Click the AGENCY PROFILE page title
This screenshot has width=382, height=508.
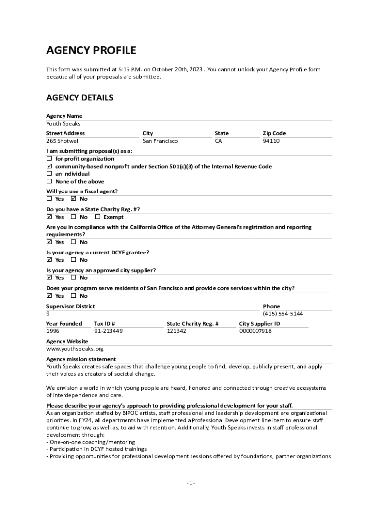pyautogui.click(x=91, y=50)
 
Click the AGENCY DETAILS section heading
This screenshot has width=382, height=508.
pyautogui.click(x=79, y=98)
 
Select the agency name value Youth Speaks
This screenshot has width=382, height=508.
pyautogui.click(x=63, y=124)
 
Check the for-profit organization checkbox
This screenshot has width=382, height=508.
pyautogui.click(x=49, y=159)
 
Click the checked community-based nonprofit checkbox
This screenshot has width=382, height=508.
pyautogui.click(x=49, y=167)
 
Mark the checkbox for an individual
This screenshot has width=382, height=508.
pyautogui.click(x=49, y=174)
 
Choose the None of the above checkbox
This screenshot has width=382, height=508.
pyautogui.click(x=49, y=182)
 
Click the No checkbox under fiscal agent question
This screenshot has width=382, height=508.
pyautogui.click(x=74, y=199)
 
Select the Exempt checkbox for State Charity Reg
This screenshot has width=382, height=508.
pyautogui.click(x=98, y=217)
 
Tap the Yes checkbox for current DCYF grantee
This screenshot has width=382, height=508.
pyautogui.click(x=49, y=260)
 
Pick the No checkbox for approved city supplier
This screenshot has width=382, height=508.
pyautogui.click(x=74, y=278)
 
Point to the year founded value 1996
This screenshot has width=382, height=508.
pyautogui.click(x=53, y=331)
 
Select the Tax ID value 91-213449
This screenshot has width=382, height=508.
pyautogui.click(x=108, y=331)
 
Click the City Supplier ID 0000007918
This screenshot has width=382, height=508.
pyautogui.click(x=255, y=331)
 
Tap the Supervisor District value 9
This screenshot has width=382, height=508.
pyautogui.click(x=48, y=314)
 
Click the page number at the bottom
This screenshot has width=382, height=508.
pyautogui.click(x=191, y=483)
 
